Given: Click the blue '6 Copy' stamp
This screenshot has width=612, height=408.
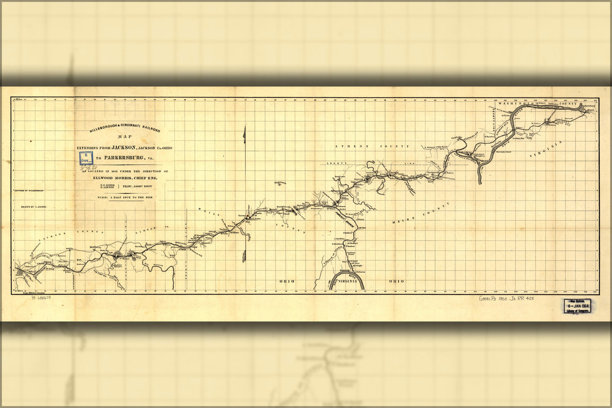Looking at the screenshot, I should tap(86, 158).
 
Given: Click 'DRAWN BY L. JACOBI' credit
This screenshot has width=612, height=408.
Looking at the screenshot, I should tap(34, 207).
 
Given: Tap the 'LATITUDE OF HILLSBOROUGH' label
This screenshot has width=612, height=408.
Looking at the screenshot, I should tap(29, 191).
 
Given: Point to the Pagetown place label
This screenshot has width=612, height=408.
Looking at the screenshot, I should tap(280, 182).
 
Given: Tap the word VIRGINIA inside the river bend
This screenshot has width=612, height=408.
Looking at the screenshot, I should tap(348, 281).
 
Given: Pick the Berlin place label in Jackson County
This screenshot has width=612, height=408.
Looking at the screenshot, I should tap(69, 248).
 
